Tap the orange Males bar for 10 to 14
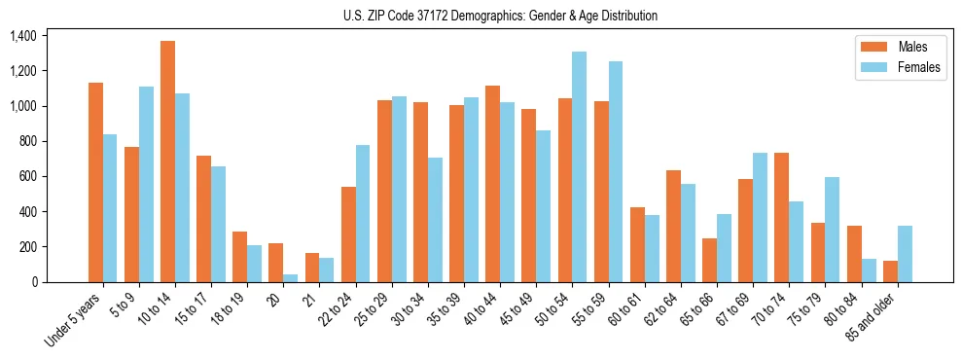click(x=167, y=162)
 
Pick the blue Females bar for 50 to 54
click(x=579, y=166)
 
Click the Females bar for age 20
click(x=290, y=278)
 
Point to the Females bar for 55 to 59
click(x=615, y=171)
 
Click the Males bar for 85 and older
click(x=890, y=271)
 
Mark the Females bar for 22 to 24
click(x=362, y=213)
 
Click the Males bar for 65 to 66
click(x=709, y=260)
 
